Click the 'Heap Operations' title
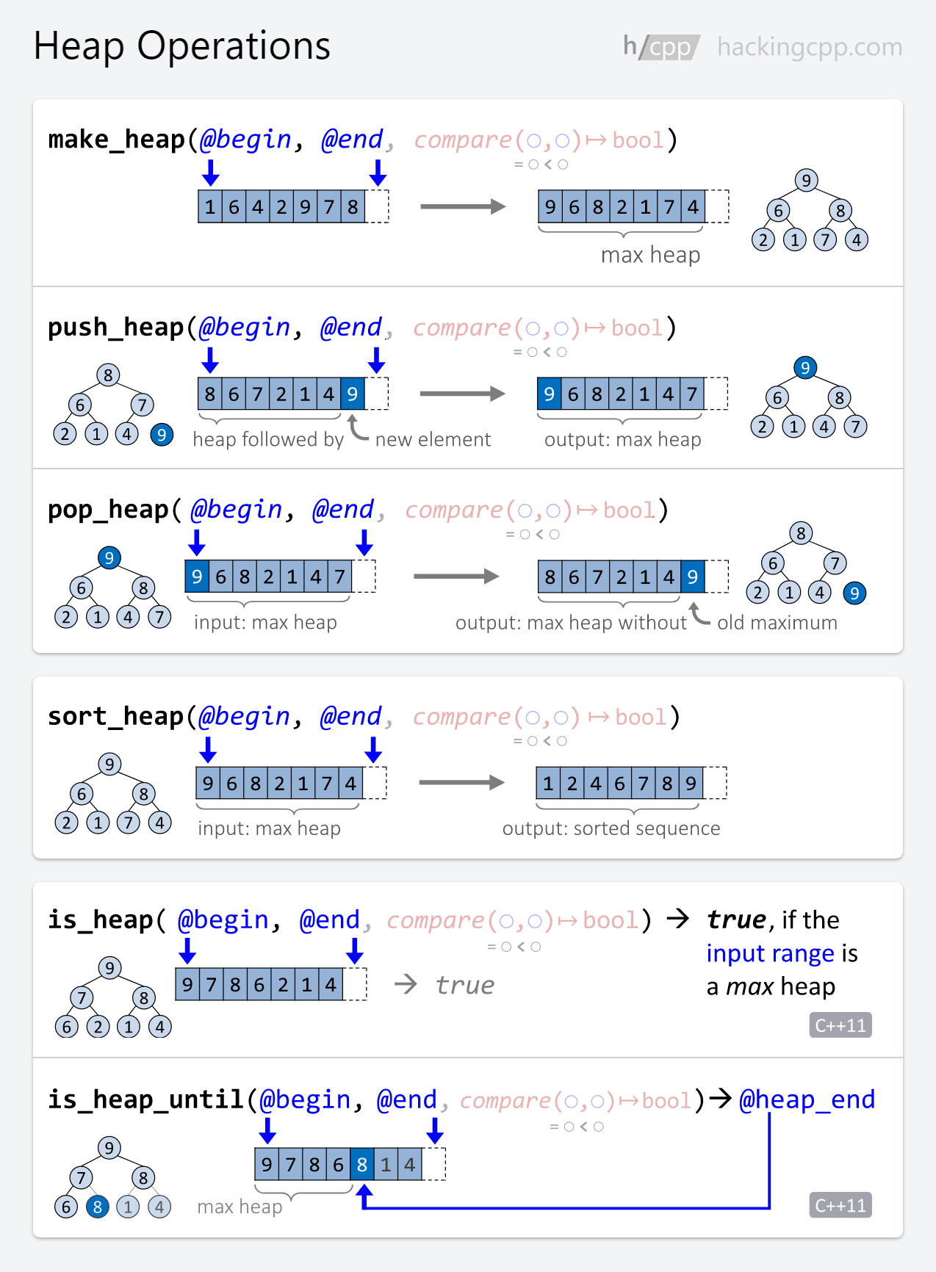[182, 46]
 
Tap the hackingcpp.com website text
[810, 47]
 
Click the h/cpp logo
[661, 47]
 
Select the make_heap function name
[117, 140]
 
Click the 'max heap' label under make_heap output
[650, 255]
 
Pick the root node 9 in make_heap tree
[806, 181]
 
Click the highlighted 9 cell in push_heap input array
[353, 394]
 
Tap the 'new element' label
[433, 439]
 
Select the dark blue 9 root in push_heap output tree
[805, 368]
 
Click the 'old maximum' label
[777, 623]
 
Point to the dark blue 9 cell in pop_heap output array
[693, 577]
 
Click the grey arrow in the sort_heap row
[461, 783]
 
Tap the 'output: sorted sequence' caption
[611, 828]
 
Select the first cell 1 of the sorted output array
[548, 784]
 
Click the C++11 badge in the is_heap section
[840, 1025]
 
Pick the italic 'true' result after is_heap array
[465, 985]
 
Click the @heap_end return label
[807, 1099]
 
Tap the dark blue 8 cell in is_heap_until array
[361, 1165]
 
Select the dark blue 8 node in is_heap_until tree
[97, 1207]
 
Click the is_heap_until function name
[145, 1099]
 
